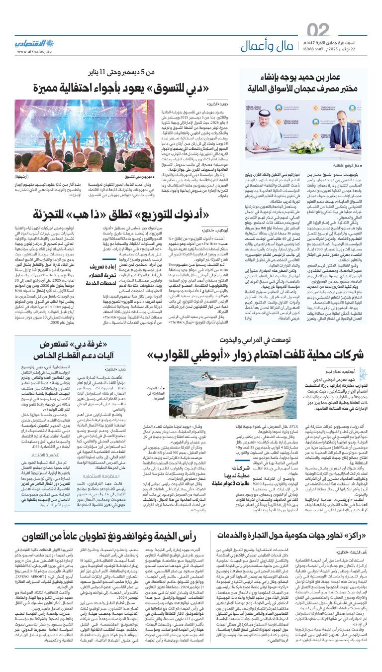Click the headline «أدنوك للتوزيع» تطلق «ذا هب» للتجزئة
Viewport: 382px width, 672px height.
coord(134,215)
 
